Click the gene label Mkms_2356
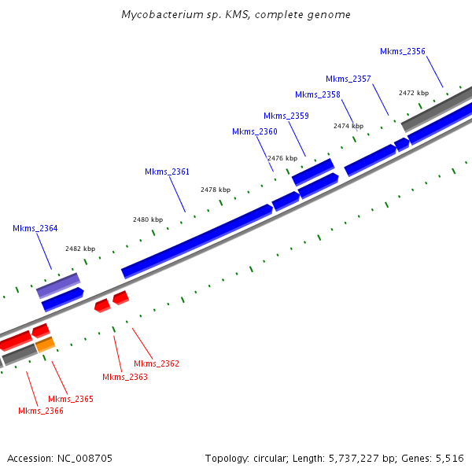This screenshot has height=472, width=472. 402,51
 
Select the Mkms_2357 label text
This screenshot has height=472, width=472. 348,79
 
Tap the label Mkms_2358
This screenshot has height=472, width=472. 317,94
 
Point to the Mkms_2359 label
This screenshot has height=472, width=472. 286,116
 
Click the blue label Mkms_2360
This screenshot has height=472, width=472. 254,131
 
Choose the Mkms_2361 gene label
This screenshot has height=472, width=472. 167,171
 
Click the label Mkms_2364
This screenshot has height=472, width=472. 35,228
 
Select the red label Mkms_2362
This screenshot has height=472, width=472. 157,363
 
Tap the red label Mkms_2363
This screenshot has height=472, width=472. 125,377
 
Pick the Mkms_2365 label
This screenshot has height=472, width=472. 71,399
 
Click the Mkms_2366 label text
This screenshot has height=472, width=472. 41,411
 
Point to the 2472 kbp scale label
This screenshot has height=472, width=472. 414,93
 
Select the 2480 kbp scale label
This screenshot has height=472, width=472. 148,219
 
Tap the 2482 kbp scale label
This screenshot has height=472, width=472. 80,249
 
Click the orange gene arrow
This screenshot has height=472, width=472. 45,344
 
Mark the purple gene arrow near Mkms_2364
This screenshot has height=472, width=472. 58,286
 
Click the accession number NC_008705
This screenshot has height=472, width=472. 87,458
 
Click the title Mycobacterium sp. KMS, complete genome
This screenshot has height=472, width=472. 236,15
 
